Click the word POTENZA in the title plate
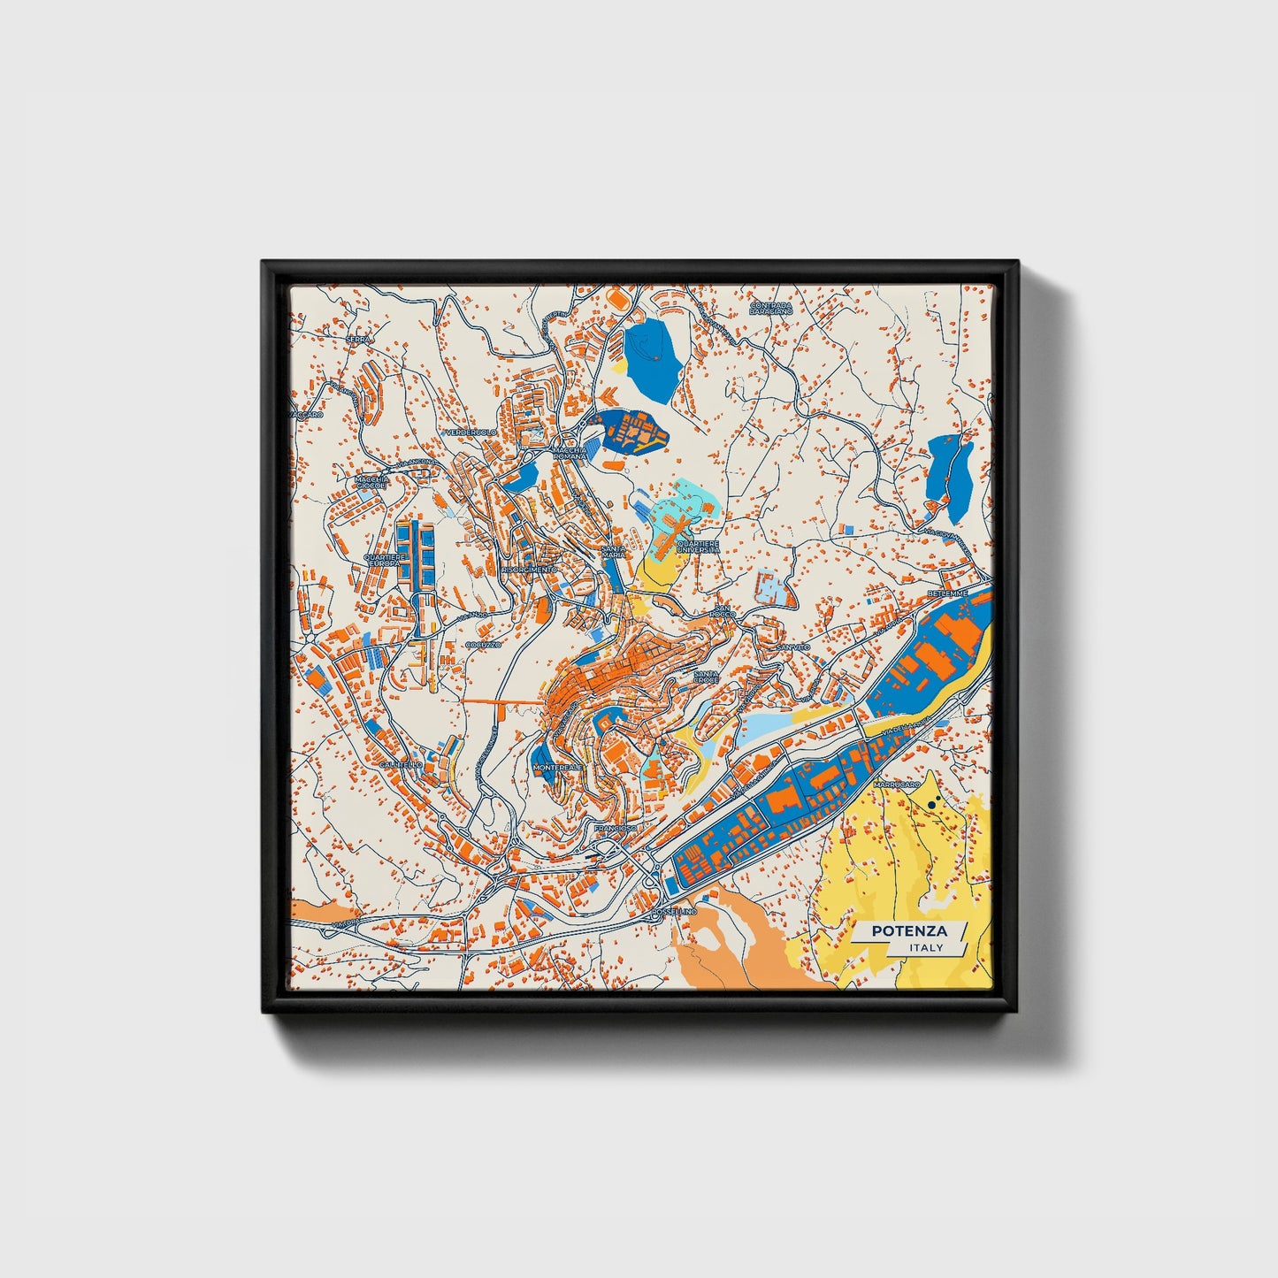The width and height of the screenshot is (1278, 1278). (908, 931)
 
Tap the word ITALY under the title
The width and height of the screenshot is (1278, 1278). (925, 948)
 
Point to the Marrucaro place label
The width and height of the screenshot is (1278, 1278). (896, 784)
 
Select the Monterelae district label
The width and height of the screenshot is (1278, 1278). (558, 768)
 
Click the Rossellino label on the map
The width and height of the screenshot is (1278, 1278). (674, 911)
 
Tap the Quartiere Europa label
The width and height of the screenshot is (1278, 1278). (385, 561)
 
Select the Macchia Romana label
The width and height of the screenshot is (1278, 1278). (569, 453)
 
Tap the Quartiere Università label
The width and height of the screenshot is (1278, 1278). (698, 547)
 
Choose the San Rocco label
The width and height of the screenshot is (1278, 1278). (722, 612)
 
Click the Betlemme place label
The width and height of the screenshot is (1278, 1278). (948, 593)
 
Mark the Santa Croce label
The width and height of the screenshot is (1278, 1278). (706, 677)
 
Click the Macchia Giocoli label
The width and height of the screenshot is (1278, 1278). (370, 483)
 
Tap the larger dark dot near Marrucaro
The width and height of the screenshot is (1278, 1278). (933, 805)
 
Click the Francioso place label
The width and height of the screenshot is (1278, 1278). (615, 828)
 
